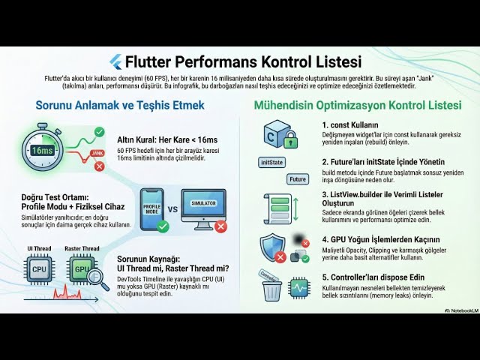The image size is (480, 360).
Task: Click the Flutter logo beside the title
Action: click(x=115, y=61)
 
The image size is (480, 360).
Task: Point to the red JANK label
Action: click(x=97, y=152)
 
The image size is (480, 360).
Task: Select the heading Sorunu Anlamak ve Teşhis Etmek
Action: click(x=120, y=105)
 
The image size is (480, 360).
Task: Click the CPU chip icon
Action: click(x=39, y=268)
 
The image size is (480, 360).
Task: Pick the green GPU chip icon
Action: click(x=82, y=268)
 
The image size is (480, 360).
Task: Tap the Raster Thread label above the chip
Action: click(x=82, y=249)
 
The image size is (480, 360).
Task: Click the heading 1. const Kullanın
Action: click(x=350, y=125)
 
